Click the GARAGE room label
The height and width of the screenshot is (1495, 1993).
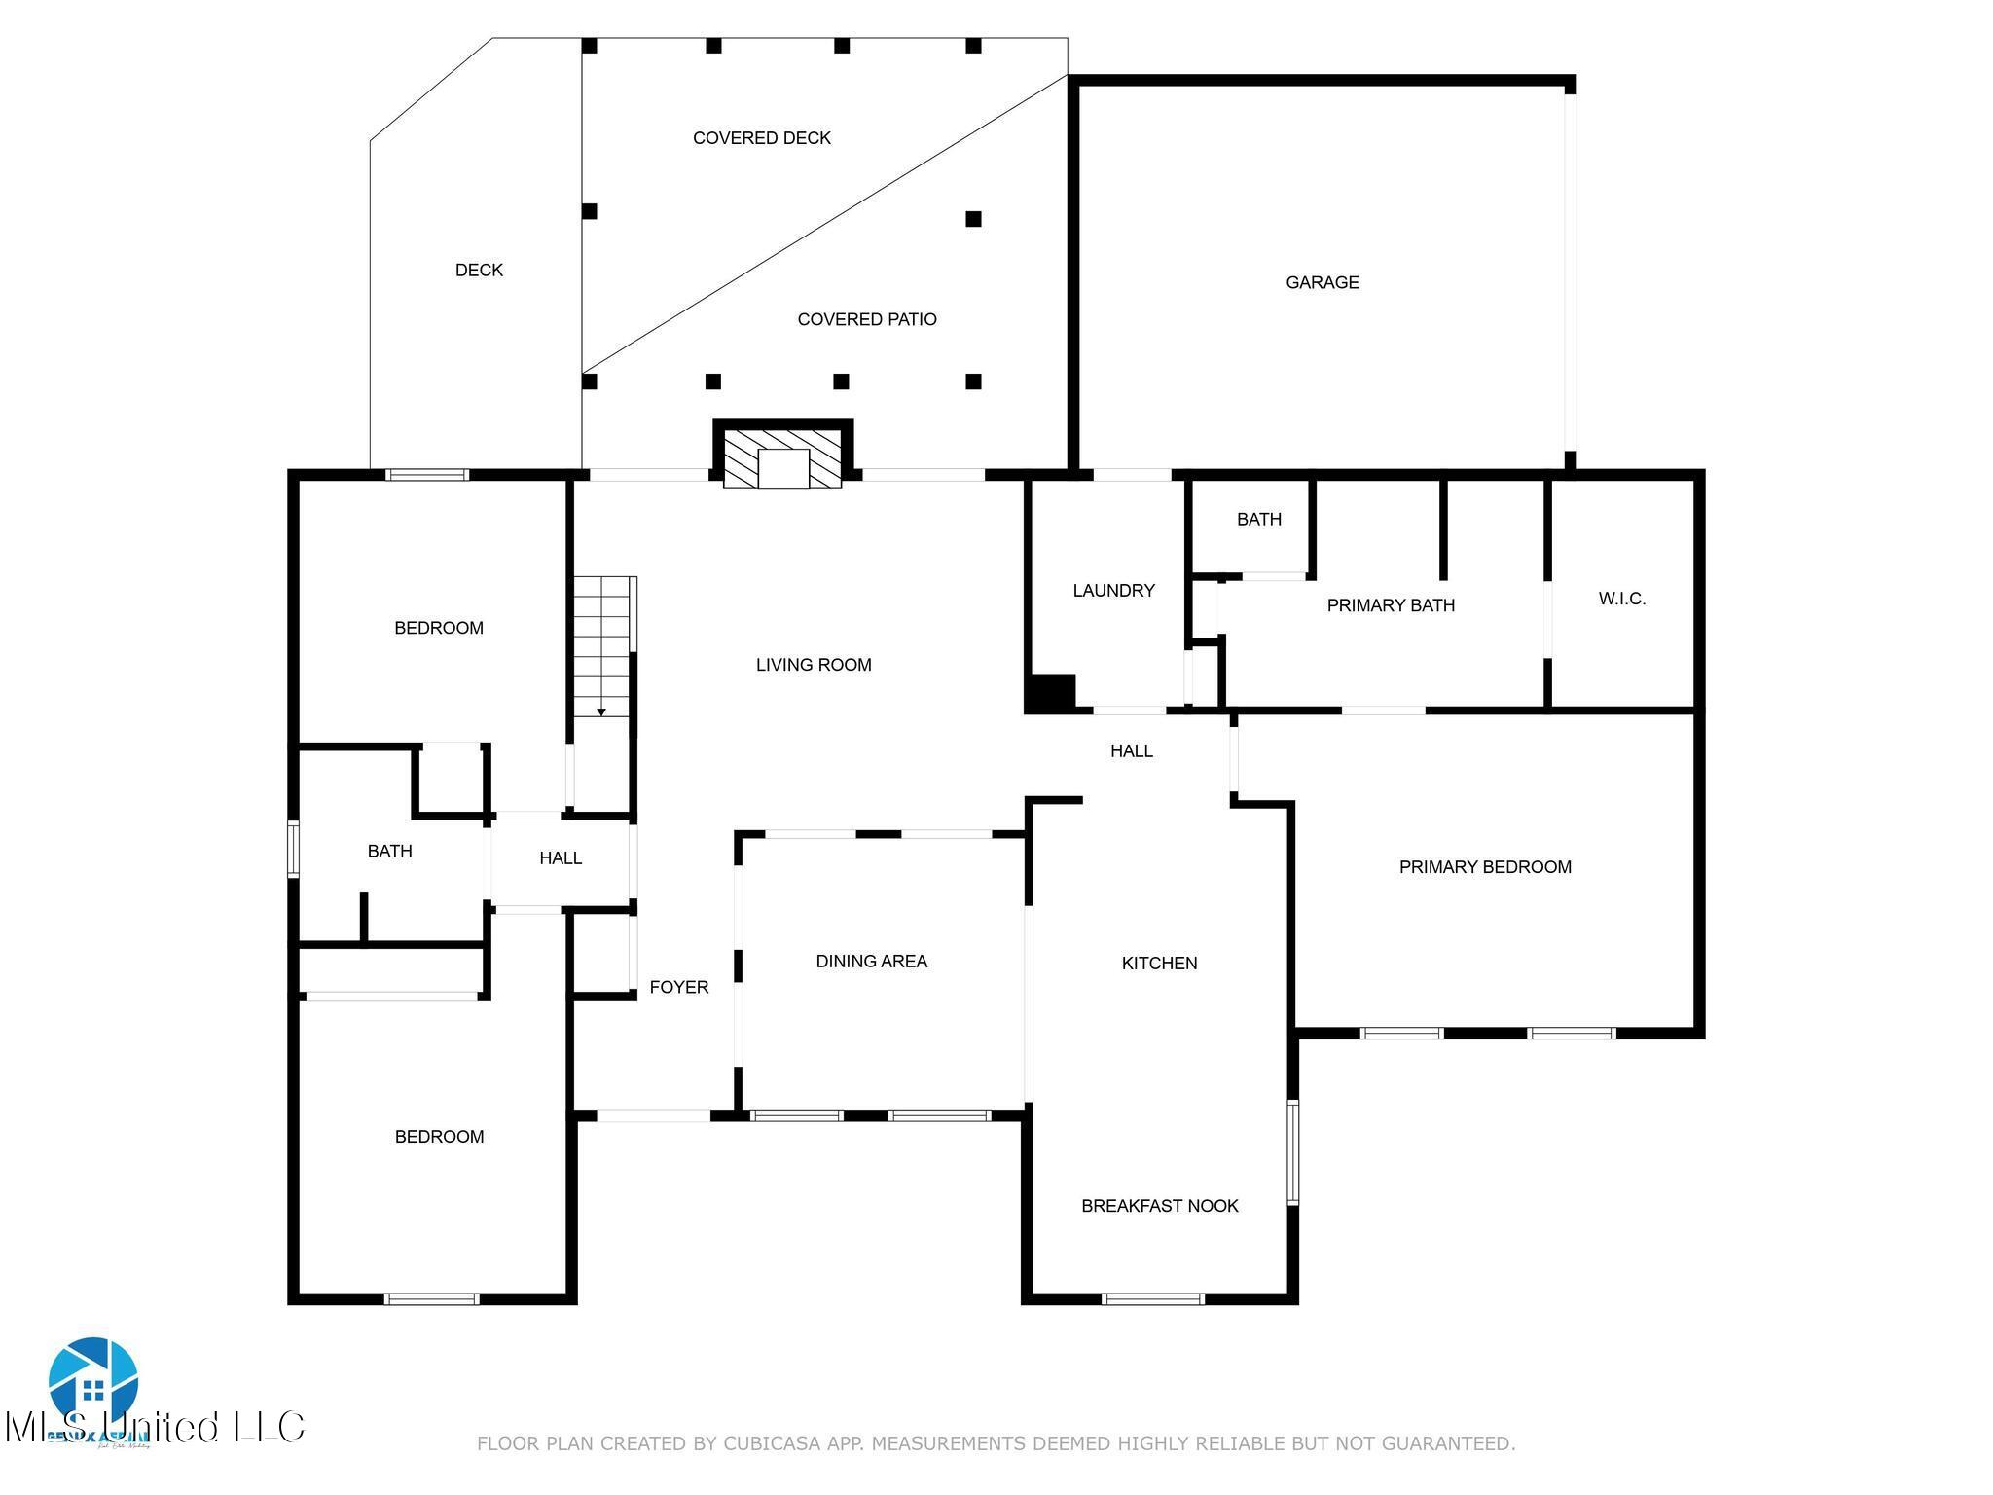[1322, 282]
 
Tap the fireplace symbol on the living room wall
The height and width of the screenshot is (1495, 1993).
[782, 458]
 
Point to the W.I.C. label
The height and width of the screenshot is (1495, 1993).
[1621, 599]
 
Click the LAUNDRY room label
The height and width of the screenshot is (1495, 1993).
[1113, 590]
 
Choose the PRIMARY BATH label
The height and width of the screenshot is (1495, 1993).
[1391, 605]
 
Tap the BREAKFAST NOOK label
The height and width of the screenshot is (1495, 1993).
[1159, 1206]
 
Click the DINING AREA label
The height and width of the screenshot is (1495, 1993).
[871, 962]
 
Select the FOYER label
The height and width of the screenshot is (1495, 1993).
[678, 987]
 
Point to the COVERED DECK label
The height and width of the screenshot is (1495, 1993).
[761, 138]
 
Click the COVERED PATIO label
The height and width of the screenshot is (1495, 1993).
[866, 319]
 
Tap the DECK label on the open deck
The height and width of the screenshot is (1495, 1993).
[479, 270]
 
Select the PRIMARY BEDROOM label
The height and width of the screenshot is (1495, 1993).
[1485, 867]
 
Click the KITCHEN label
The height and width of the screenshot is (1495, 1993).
[1159, 964]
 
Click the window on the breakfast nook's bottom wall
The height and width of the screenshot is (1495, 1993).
[1152, 1298]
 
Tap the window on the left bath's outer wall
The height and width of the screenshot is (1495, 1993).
[293, 850]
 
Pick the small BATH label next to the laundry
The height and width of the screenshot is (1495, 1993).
[1258, 520]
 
